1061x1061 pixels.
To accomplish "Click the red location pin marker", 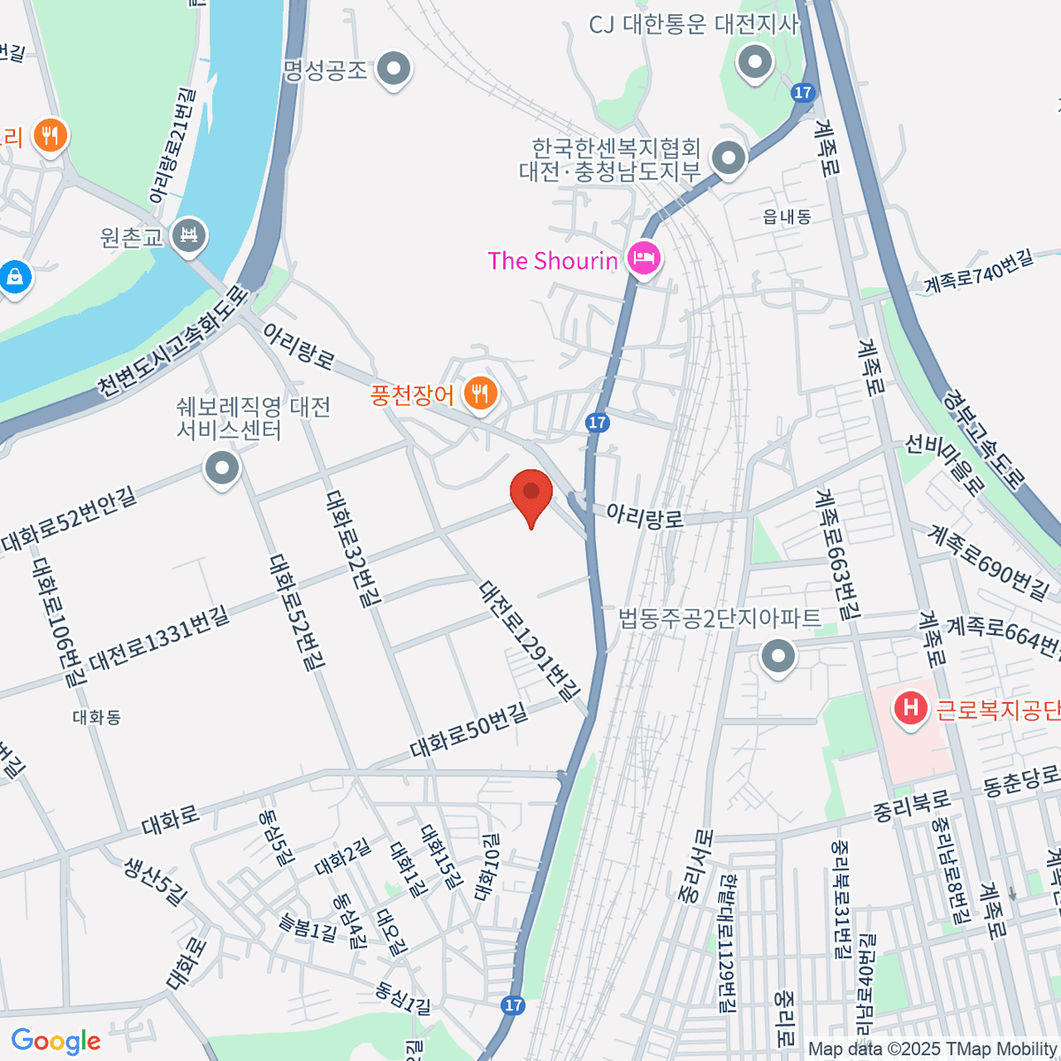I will point(531,493).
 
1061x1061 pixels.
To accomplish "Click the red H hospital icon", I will point(910,708).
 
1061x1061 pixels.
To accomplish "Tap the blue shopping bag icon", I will point(15,278).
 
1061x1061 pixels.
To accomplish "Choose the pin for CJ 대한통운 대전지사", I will point(755,63).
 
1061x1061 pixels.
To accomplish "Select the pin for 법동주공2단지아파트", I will point(779,657).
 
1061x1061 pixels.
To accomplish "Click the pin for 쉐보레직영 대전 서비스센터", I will point(222,468).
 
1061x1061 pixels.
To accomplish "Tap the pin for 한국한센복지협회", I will point(729,159).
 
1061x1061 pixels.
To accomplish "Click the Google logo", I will point(56,1042).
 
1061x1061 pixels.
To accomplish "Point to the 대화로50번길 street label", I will point(469,730).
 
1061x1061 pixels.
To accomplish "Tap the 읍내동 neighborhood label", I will point(787,217).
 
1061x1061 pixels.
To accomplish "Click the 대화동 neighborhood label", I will point(97,717).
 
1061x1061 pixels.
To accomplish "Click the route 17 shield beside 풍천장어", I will point(597,423).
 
